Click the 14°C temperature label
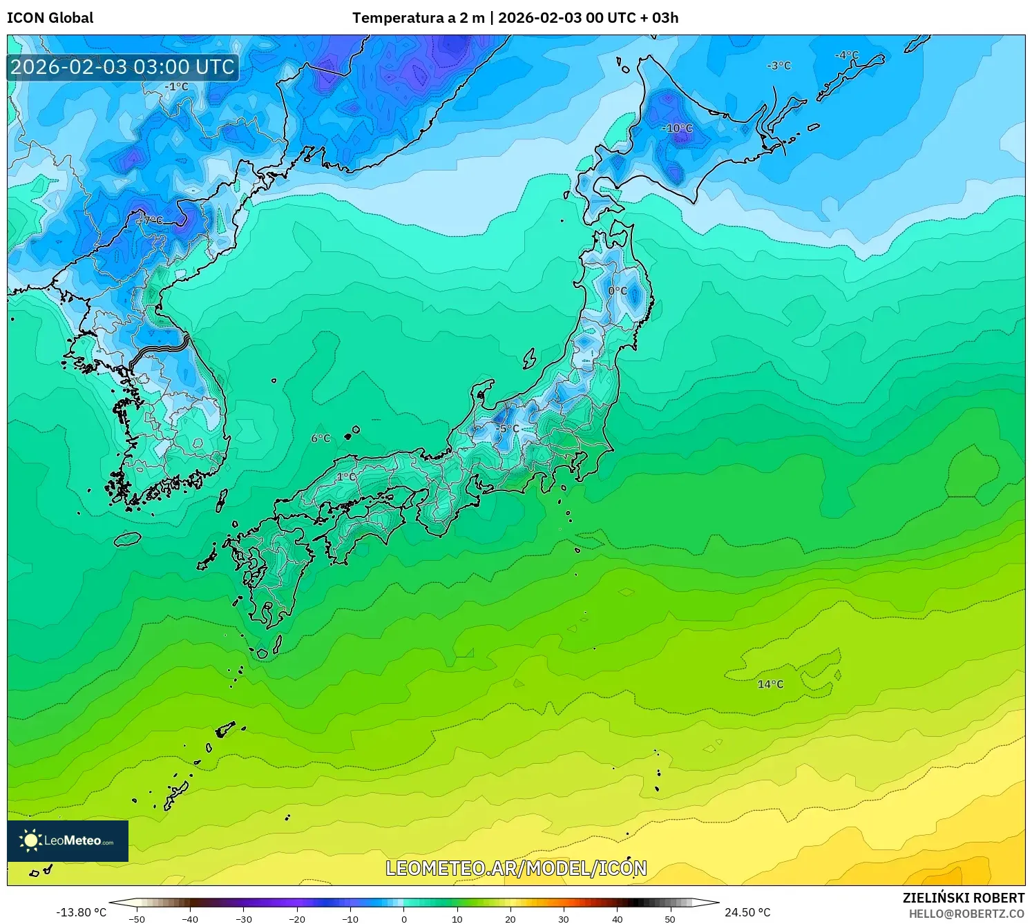pos(770,684)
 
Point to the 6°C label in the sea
pos(321,439)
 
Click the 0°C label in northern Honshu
pos(618,291)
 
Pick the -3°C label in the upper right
pos(778,66)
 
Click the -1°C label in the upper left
pos(176,87)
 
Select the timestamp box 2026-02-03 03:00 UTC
pos(123,67)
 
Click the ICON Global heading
pos(50,18)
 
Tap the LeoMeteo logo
pos(68,840)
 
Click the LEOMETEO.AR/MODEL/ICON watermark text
pos(516,868)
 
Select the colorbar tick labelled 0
pos(404,919)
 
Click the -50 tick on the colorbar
pos(137,919)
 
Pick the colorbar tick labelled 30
pos(564,919)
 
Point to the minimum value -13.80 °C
pos(81,912)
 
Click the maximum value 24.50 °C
pos(747,912)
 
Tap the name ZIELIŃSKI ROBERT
pos(964,898)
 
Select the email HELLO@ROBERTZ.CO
pos(966,914)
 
